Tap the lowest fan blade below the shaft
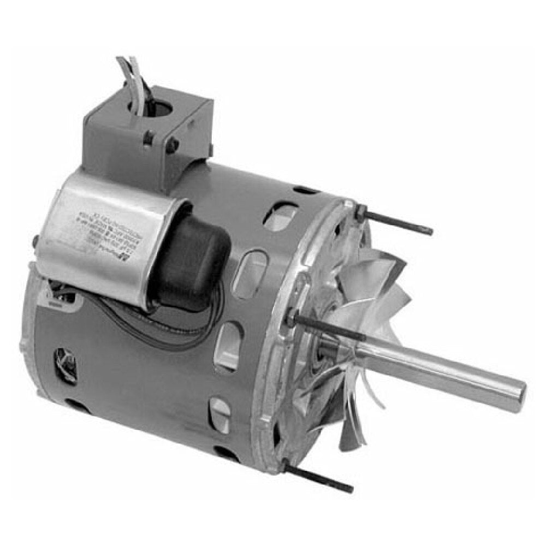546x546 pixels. coord(349,431)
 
